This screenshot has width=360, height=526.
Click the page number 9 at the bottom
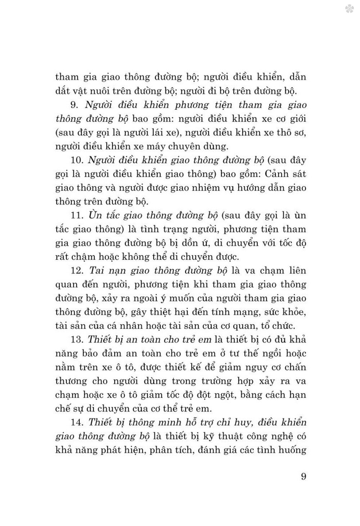click(303, 477)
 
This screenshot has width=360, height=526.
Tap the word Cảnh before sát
click(276, 174)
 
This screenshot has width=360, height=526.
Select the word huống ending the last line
click(292, 450)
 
